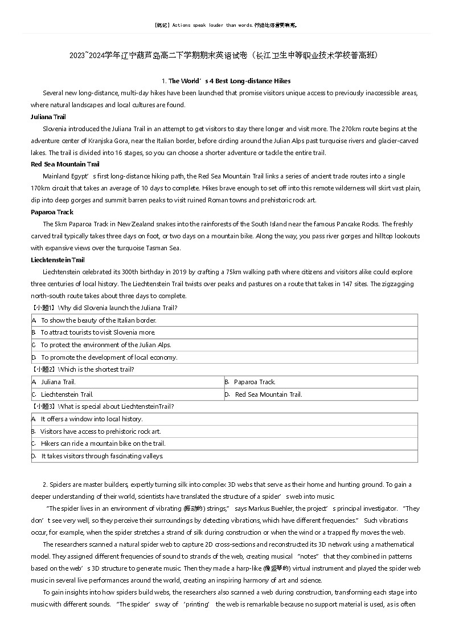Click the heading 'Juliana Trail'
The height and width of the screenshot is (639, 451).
click(x=48, y=117)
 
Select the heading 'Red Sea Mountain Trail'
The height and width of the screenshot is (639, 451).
click(x=65, y=164)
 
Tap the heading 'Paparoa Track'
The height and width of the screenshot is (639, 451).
click(x=52, y=212)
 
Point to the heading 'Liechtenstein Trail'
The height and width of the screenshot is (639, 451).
click(x=58, y=260)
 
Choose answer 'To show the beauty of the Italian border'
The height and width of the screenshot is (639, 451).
click(x=99, y=320)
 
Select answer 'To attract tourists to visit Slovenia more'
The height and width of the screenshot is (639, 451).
click(x=98, y=332)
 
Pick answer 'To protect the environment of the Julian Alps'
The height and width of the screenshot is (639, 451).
click(x=106, y=345)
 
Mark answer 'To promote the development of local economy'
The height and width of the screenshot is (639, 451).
click(x=109, y=357)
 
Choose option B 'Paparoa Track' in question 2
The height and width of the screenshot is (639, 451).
click(x=255, y=382)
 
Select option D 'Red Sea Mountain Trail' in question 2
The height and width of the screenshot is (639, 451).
click(x=268, y=394)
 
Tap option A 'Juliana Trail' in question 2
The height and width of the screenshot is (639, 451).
click(x=58, y=382)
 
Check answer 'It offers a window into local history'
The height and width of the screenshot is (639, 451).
click(x=91, y=419)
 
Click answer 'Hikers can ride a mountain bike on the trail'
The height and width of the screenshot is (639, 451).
click(x=102, y=443)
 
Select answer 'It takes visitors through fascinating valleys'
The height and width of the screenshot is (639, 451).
click(x=102, y=456)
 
